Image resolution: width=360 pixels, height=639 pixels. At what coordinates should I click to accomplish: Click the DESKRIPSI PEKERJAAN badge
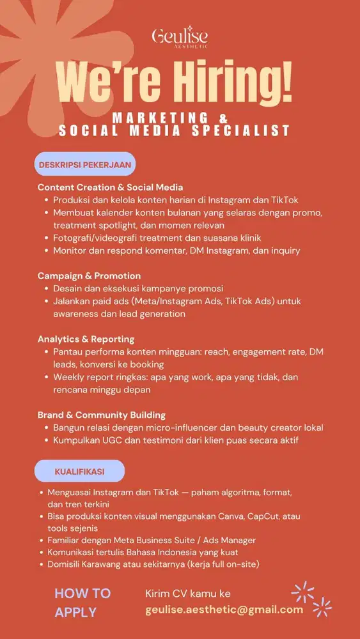[85, 164]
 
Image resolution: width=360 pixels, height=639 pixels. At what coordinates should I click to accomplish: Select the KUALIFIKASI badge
[79, 471]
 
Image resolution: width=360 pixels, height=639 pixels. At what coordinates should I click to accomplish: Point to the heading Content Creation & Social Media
[110, 187]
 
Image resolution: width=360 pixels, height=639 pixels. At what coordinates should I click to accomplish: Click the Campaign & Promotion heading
[89, 276]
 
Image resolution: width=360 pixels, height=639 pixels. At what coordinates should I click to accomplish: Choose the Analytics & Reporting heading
[86, 339]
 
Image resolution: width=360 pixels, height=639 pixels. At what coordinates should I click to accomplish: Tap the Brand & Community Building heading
[102, 415]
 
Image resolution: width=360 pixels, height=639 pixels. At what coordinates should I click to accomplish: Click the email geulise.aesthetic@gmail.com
[224, 610]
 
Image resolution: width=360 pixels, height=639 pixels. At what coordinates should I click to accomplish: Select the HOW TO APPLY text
[82, 603]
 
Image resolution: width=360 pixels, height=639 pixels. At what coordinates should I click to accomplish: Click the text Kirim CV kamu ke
[188, 594]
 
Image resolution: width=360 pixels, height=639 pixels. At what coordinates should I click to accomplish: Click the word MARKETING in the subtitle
[160, 118]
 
